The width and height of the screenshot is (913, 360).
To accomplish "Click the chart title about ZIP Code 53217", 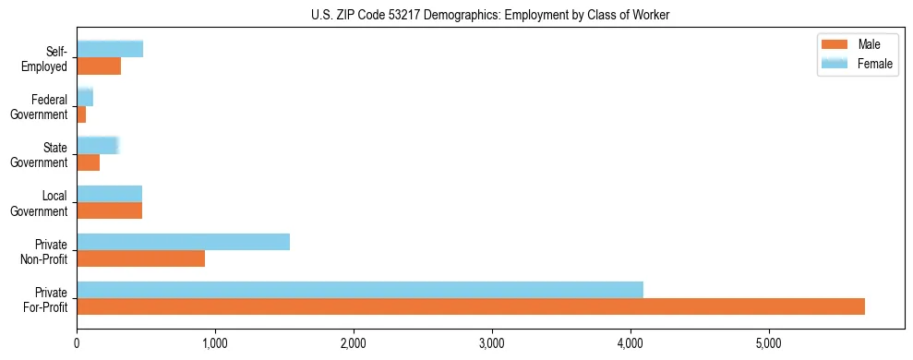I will (x=490, y=15).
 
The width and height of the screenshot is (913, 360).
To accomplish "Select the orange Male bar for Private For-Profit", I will (x=471, y=306).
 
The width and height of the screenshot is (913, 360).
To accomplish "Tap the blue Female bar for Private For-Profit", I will (x=360, y=290).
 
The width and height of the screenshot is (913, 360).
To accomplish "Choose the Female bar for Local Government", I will (x=109, y=194).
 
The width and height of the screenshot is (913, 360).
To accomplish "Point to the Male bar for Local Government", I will (x=109, y=210).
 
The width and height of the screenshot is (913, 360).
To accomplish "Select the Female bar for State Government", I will (x=97, y=145).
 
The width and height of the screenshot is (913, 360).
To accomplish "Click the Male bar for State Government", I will (x=88, y=162).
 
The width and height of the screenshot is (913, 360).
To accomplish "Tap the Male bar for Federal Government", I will (x=81, y=114).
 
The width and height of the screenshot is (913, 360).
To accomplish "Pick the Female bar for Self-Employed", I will (x=110, y=49).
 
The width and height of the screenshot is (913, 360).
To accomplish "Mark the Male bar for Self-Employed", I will (x=99, y=66).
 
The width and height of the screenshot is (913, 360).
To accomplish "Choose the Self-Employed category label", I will (x=50, y=58).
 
